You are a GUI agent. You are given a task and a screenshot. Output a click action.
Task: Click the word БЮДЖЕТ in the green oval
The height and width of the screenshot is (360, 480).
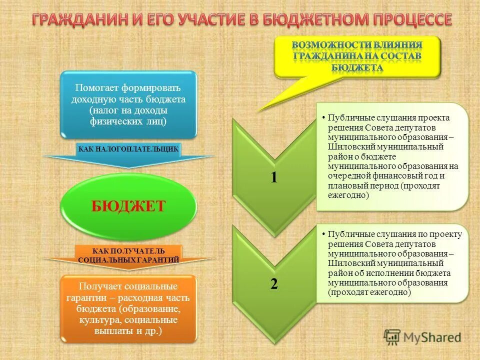pos(128,206)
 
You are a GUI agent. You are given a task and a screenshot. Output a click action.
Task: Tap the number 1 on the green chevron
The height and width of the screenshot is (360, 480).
pos(273,177)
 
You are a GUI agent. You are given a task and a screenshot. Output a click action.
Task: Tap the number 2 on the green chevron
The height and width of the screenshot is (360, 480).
pos(273,284)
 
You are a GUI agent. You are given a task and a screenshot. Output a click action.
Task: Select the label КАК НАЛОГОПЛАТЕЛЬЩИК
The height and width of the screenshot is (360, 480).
pos(128,149)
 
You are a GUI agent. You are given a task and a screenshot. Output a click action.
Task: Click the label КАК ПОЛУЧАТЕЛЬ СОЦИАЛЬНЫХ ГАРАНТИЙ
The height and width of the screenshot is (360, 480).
pos(128,255)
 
